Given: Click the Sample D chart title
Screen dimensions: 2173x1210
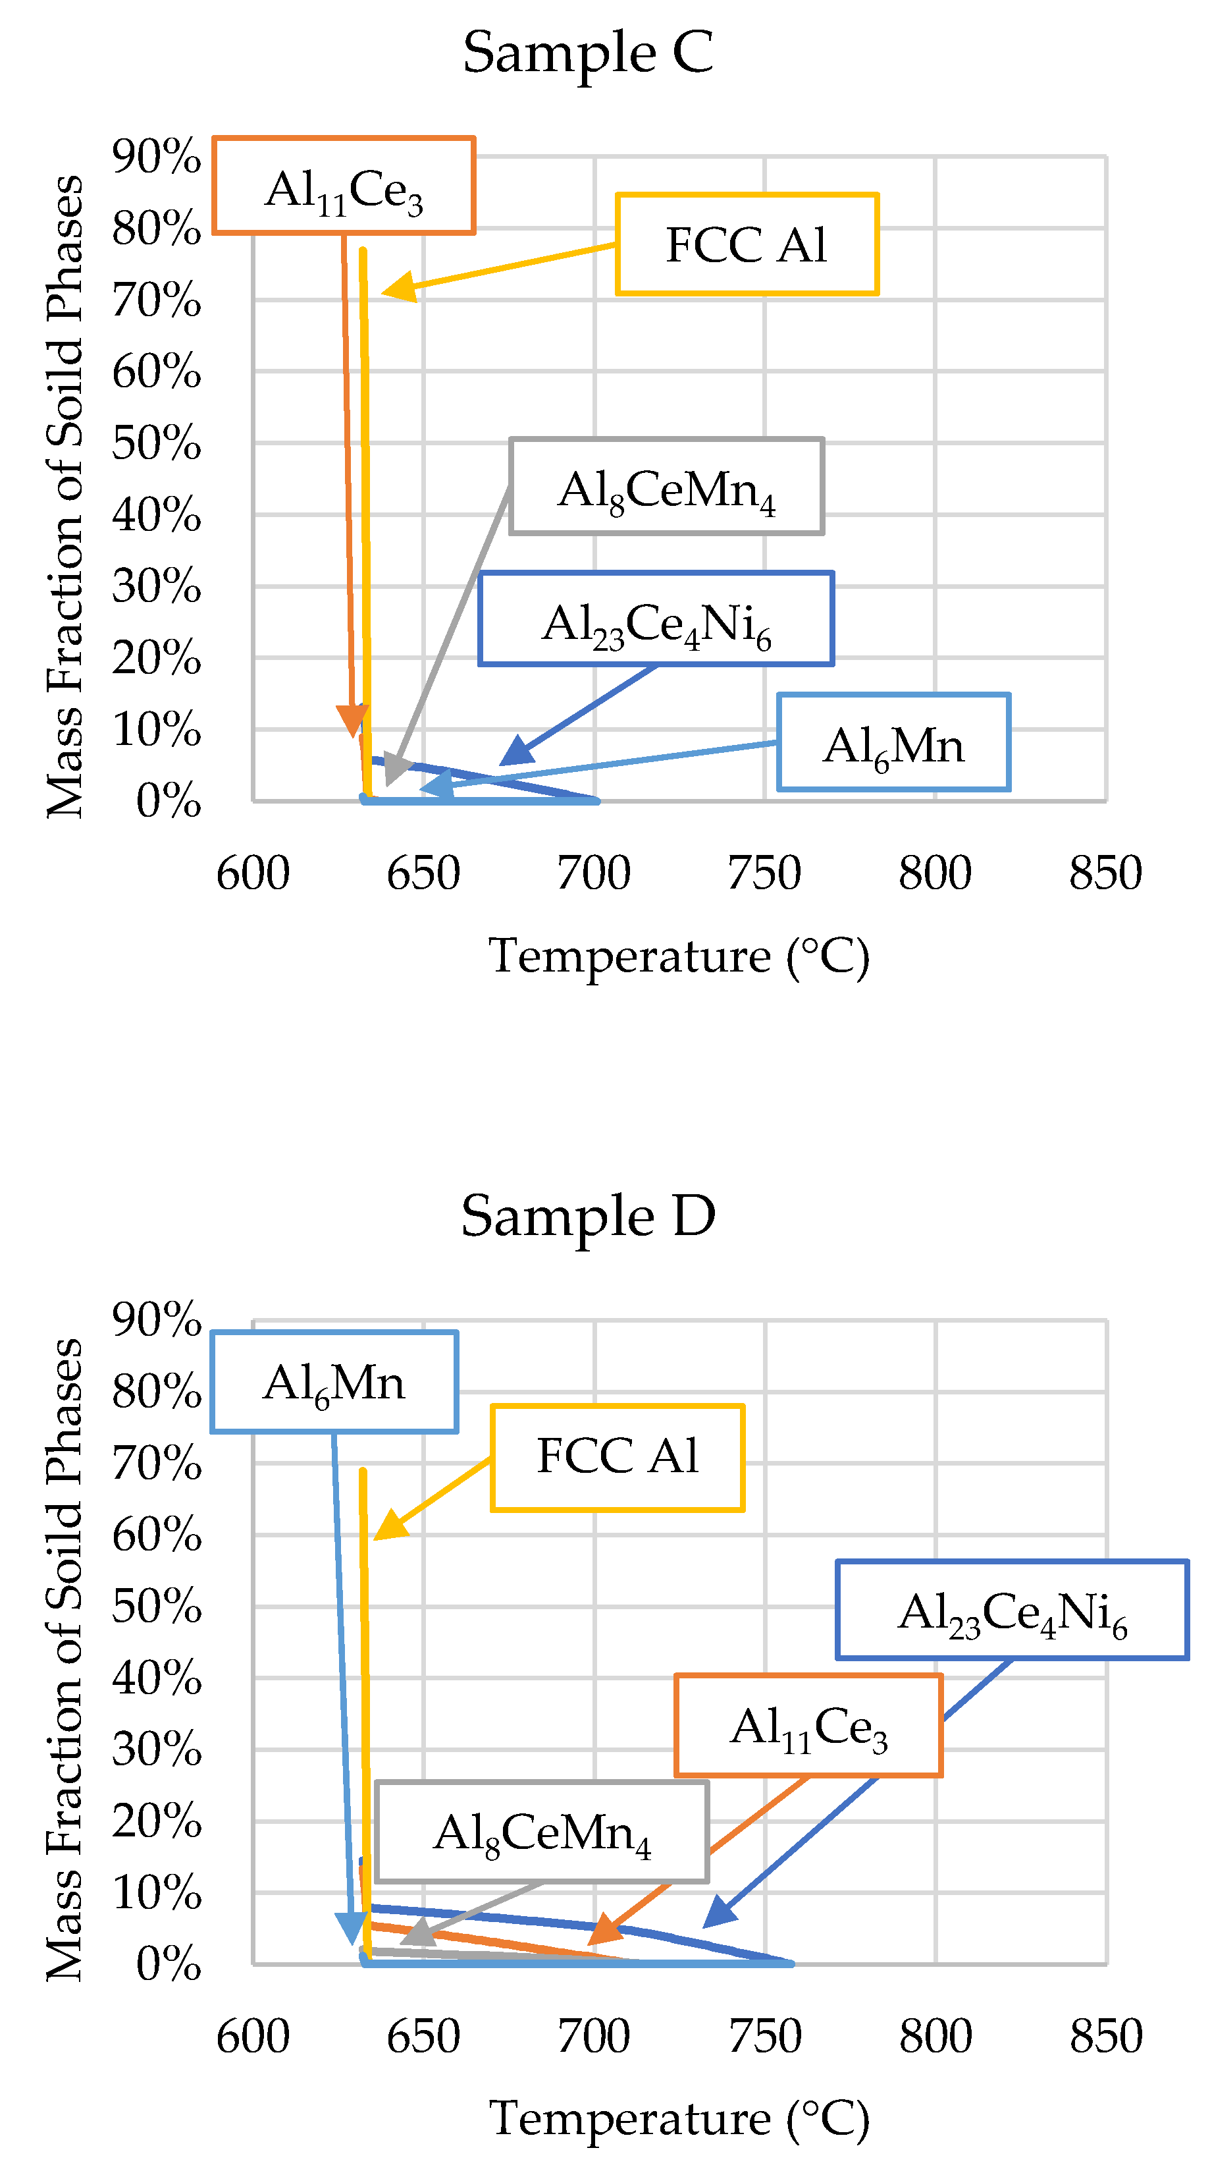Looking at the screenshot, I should (x=588, y=1217).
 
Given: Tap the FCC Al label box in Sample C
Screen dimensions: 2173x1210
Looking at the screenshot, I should (x=747, y=244).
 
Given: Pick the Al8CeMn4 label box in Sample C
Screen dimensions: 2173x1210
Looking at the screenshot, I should (x=666, y=487).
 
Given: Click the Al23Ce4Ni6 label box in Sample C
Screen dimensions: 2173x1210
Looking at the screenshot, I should (x=656, y=620).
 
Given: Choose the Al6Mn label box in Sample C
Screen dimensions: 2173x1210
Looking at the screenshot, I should (x=893, y=742).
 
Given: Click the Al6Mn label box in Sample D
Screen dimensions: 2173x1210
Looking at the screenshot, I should (x=334, y=1382).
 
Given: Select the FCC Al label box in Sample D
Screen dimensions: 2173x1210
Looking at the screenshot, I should (x=618, y=1458).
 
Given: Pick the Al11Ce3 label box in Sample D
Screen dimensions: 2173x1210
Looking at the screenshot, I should (x=808, y=1726).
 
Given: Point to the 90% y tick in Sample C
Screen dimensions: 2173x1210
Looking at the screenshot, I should (x=157, y=157).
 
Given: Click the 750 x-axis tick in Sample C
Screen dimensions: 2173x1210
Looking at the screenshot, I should (x=764, y=873).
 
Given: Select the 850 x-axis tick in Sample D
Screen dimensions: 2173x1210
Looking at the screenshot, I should (x=1105, y=2037).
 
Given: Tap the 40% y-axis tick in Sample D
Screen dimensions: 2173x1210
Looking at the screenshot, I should (x=157, y=1678).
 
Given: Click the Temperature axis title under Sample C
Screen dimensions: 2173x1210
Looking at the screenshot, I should (x=679, y=956).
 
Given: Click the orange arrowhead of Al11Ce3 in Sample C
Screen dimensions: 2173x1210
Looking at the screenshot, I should (x=352, y=721).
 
